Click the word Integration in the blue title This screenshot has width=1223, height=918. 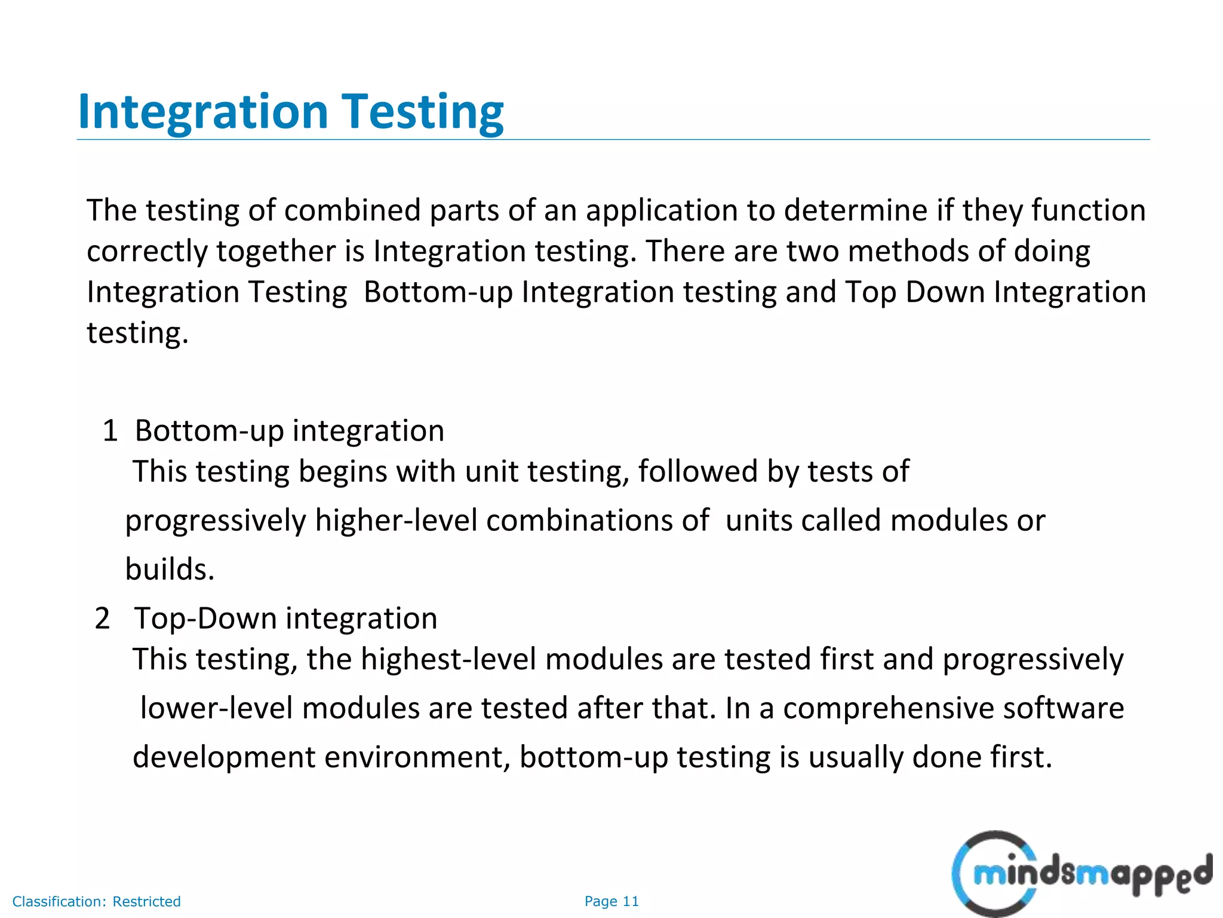click(203, 112)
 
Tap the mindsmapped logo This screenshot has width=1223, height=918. click(1081, 874)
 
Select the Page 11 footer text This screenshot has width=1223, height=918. click(611, 901)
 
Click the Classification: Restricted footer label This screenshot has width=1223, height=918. click(96, 901)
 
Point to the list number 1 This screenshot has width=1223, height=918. click(110, 431)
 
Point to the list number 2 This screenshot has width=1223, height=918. click(102, 619)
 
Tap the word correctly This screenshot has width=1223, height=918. click(146, 252)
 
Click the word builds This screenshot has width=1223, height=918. click(169, 569)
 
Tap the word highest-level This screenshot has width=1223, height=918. click(448, 660)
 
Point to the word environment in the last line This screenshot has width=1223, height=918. click(417, 758)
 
